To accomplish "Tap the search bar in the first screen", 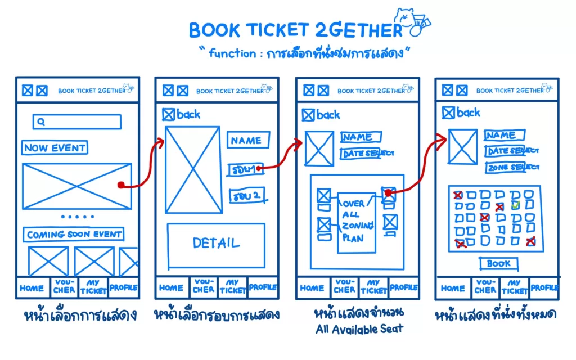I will point(77,121).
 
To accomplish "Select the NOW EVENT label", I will point(55,148).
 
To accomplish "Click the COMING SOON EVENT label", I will point(74,235).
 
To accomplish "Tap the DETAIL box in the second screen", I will point(216,244).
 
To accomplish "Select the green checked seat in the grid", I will point(515,205).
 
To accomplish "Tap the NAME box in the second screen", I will point(247,140).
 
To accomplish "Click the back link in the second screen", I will point(181,114).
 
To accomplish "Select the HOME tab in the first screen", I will point(32,288).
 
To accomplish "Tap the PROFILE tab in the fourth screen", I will point(544,287).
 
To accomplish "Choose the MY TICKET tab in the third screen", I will point(373,287).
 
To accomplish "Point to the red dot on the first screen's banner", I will point(120,185).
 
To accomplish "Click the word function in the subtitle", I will point(232,53).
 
